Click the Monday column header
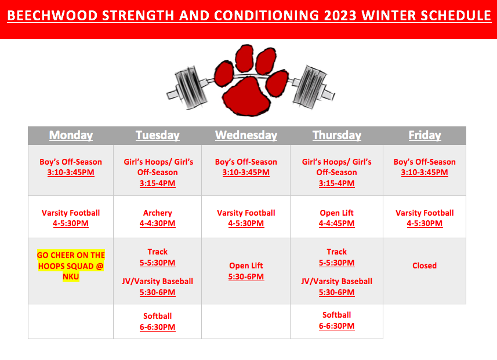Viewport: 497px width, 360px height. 71,135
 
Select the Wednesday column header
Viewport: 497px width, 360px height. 246,135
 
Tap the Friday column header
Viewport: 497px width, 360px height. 425,135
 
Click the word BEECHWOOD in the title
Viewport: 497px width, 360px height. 52,16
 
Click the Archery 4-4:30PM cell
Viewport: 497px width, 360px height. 158,218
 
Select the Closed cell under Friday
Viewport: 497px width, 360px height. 425,266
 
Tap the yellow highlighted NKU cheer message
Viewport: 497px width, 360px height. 71,266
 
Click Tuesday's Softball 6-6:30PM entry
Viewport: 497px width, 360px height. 158,321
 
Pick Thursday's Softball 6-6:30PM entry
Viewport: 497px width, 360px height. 336,321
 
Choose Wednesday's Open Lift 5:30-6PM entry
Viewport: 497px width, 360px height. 246,271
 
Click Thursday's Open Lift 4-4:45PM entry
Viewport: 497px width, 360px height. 336,218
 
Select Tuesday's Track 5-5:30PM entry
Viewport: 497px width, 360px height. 158,257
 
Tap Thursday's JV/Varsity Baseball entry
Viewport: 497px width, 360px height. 336,286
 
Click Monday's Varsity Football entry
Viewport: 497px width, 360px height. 71,218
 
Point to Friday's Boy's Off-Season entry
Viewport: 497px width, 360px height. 425,167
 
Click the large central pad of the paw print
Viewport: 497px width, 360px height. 247,96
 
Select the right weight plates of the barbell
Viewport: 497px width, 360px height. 310,86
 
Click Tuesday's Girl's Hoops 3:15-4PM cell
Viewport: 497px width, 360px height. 158,172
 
